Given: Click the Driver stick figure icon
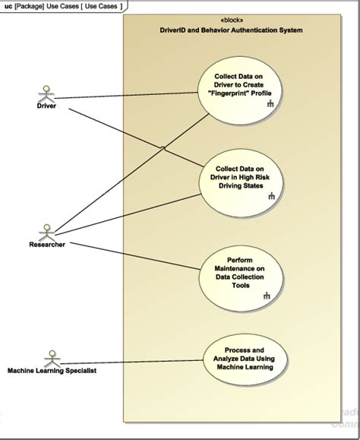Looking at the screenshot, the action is (x=46, y=93).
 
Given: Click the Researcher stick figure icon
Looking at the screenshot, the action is (x=47, y=233).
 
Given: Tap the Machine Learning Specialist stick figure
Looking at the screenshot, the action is (x=52, y=359).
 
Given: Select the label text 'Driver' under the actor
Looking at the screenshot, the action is (x=46, y=106).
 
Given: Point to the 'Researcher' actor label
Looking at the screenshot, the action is (x=47, y=245).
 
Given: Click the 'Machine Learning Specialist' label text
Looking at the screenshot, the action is (x=52, y=370).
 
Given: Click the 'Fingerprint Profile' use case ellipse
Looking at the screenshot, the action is (x=239, y=90).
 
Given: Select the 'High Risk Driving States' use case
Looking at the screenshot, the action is (x=241, y=183).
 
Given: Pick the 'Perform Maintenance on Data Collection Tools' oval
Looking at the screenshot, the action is (x=241, y=278).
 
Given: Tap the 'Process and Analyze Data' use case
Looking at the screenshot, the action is (x=245, y=359).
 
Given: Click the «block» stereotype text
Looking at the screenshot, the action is (x=232, y=21).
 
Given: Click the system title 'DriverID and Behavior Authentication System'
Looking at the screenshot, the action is (x=232, y=30).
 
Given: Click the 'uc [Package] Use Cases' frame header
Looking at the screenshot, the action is (x=63, y=6).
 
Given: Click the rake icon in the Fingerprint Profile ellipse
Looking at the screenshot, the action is (x=270, y=103).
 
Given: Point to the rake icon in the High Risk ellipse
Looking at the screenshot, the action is (x=271, y=195).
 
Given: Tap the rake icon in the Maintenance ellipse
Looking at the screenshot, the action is (x=267, y=295).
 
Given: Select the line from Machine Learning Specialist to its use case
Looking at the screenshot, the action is (x=131, y=362).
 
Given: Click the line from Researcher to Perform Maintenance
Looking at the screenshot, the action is (x=135, y=256).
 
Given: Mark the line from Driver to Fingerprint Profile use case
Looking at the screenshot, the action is (x=126, y=96).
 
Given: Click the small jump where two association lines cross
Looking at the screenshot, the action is (x=163, y=148).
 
